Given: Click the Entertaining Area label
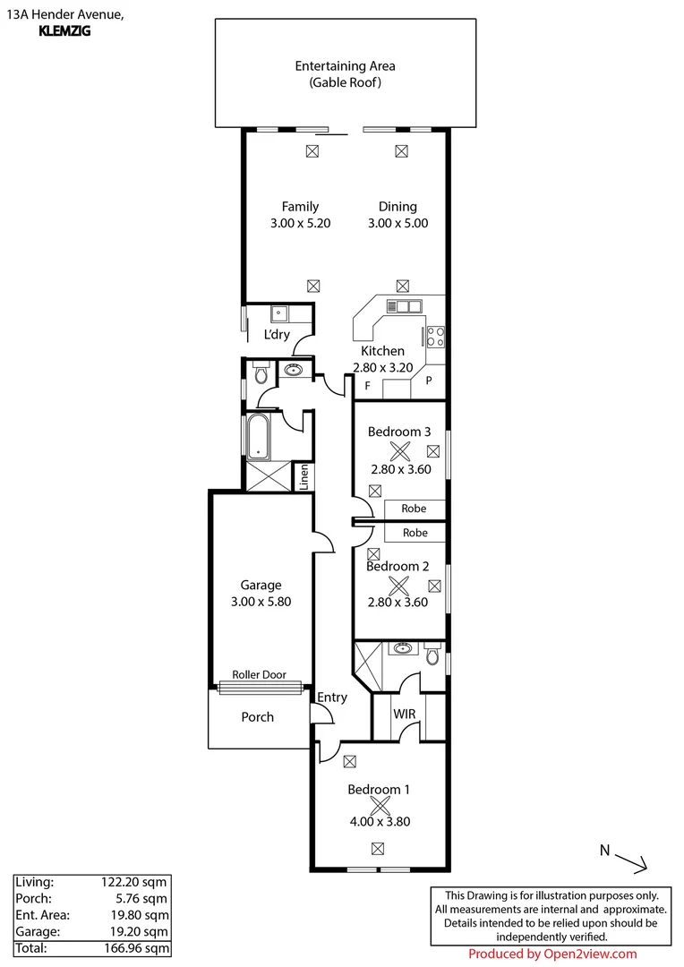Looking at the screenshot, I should coord(345,65).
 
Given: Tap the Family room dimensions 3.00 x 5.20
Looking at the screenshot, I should coord(300,223).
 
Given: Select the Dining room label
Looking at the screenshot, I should coord(398,206).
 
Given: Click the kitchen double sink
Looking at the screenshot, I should coord(404,307).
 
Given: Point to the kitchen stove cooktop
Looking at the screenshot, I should coord(435,337).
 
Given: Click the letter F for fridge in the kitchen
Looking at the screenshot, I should coord(367,386).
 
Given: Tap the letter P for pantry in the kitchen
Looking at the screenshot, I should coord(429,381).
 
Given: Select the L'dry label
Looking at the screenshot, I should coord(276,335).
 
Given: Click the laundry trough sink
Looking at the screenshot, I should coord(279,314).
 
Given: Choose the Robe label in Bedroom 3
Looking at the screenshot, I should coord(414,509).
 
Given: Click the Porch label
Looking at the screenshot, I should coord(257,717).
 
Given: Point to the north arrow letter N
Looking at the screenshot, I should coord(604,850).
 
